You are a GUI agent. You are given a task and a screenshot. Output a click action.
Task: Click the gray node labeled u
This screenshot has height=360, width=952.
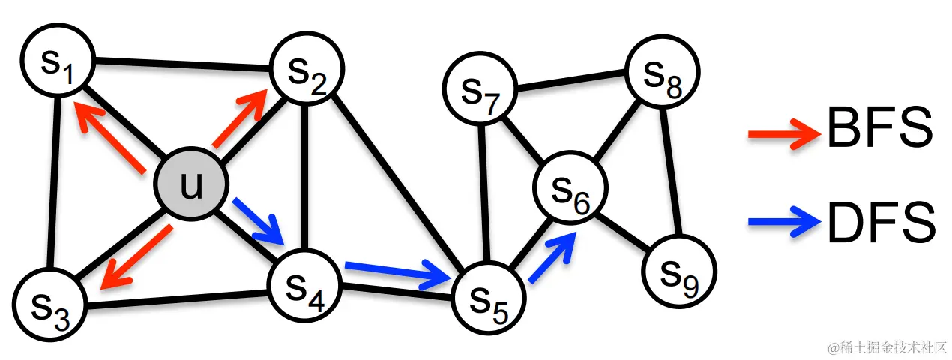click(x=191, y=184)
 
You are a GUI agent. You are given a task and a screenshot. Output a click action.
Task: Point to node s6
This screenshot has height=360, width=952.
click(x=480, y=91)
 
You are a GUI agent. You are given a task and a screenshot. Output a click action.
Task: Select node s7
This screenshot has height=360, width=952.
click(x=663, y=73)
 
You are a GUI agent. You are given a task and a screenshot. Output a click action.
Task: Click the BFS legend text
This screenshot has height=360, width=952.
click(x=879, y=129)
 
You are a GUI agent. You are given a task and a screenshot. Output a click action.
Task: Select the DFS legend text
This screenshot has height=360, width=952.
click(x=882, y=222)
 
